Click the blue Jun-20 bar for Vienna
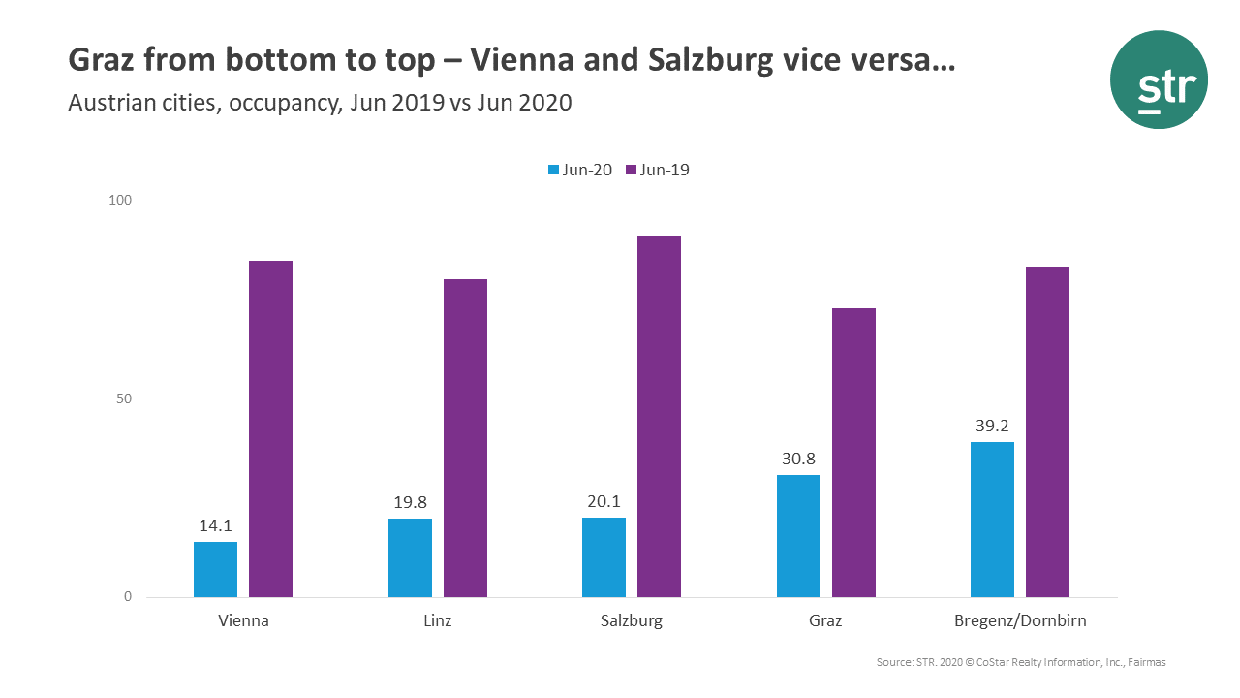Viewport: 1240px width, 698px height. click(215, 569)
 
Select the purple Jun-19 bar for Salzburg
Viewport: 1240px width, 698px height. click(659, 417)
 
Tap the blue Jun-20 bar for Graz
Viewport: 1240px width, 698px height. click(798, 536)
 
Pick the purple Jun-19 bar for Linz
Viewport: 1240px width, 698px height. click(465, 438)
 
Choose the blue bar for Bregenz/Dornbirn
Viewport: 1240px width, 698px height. click(992, 520)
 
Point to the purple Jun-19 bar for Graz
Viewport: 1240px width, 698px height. click(853, 453)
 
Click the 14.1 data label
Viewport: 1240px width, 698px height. click(215, 526)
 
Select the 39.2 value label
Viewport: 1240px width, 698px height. click(992, 426)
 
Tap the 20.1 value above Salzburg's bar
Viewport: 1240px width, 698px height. click(604, 502)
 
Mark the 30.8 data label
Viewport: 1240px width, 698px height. click(798, 459)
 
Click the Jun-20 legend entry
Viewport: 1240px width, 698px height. click(580, 170)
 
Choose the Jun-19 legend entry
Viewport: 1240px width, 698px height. click(658, 170)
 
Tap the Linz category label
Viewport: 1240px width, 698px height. click(437, 621)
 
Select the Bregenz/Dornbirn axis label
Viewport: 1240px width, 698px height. click(1019, 621)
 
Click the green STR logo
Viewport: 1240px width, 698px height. click(1159, 79)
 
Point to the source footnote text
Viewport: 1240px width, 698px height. click(1020, 662)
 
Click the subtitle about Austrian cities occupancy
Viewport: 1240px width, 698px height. click(320, 103)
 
